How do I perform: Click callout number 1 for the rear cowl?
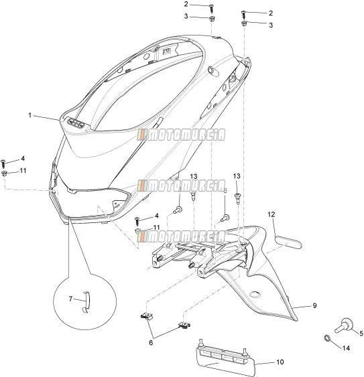[x=30, y=115]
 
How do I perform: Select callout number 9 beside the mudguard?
[x=314, y=305]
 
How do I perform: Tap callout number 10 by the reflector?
[x=280, y=362]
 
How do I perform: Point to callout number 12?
[x=271, y=214]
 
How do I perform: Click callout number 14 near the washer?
[x=346, y=348]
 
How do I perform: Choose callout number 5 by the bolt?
[x=361, y=333]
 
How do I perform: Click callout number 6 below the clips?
[x=151, y=342]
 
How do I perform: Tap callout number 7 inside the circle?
[x=70, y=299]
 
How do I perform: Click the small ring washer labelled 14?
[x=327, y=338]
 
